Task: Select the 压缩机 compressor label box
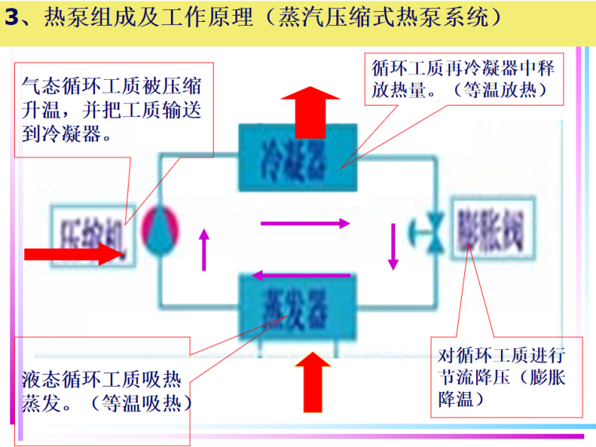(88, 231)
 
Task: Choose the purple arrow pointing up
(205, 249)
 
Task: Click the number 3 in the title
(10, 17)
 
